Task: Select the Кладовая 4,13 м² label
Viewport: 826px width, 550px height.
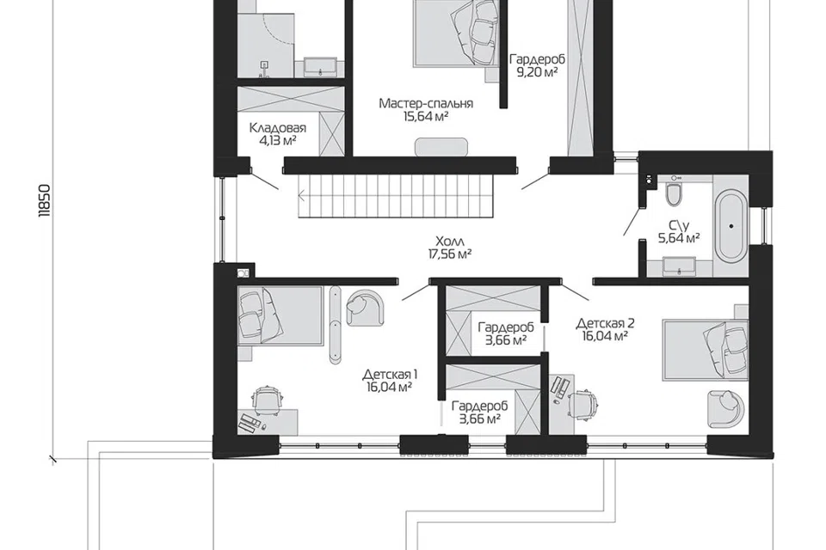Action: click(x=278, y=134)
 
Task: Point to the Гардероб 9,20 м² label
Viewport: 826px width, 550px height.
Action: click(x=537, y=66)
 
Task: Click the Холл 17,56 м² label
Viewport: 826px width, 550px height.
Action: click(x=449, y=247)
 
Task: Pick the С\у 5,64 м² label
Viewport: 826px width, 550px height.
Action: click(x=679, y=232)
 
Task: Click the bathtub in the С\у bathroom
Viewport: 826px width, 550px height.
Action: click(x=730, y=226)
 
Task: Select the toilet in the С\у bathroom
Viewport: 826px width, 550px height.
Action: click(x=674, y=193)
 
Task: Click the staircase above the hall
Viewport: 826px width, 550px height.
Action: click(x=397, y=196)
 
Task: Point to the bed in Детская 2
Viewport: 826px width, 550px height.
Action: click(x=705, y=350)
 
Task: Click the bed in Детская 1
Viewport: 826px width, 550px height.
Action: click(x=280, y=315)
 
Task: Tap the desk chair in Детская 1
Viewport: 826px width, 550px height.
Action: click(x=268, y=400)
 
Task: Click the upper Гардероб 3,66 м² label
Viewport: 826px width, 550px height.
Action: click(x=506, y=333)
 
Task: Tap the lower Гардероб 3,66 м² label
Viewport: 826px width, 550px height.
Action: click(x=479, y=412)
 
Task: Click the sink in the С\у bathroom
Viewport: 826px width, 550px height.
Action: click(x=680, y=266)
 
